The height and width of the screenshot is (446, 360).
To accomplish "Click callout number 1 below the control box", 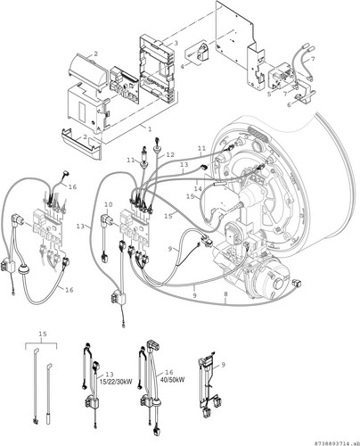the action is click(x=150, y=129).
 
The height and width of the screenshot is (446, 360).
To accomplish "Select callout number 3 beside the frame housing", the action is click(x=176, y=43).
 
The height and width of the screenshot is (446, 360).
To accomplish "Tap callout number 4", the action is click(x=182, y=66).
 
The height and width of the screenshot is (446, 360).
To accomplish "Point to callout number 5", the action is click(x=269, y=95).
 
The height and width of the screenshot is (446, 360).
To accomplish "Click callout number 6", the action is click(x=289, y=104).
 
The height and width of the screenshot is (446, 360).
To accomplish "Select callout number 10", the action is click(x=109, y=204).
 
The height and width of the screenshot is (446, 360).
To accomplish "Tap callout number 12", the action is click(x=170, y=154).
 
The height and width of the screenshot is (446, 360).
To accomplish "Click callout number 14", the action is click(x=198, y=188).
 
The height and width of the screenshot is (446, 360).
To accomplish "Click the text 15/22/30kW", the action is click(x=116, y=382).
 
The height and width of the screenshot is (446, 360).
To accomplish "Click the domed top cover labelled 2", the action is click(x=86, y=70).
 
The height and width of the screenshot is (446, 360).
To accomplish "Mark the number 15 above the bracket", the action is click(x=43, y=334).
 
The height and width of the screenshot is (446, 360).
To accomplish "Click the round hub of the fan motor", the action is click(x=280, y=284).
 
